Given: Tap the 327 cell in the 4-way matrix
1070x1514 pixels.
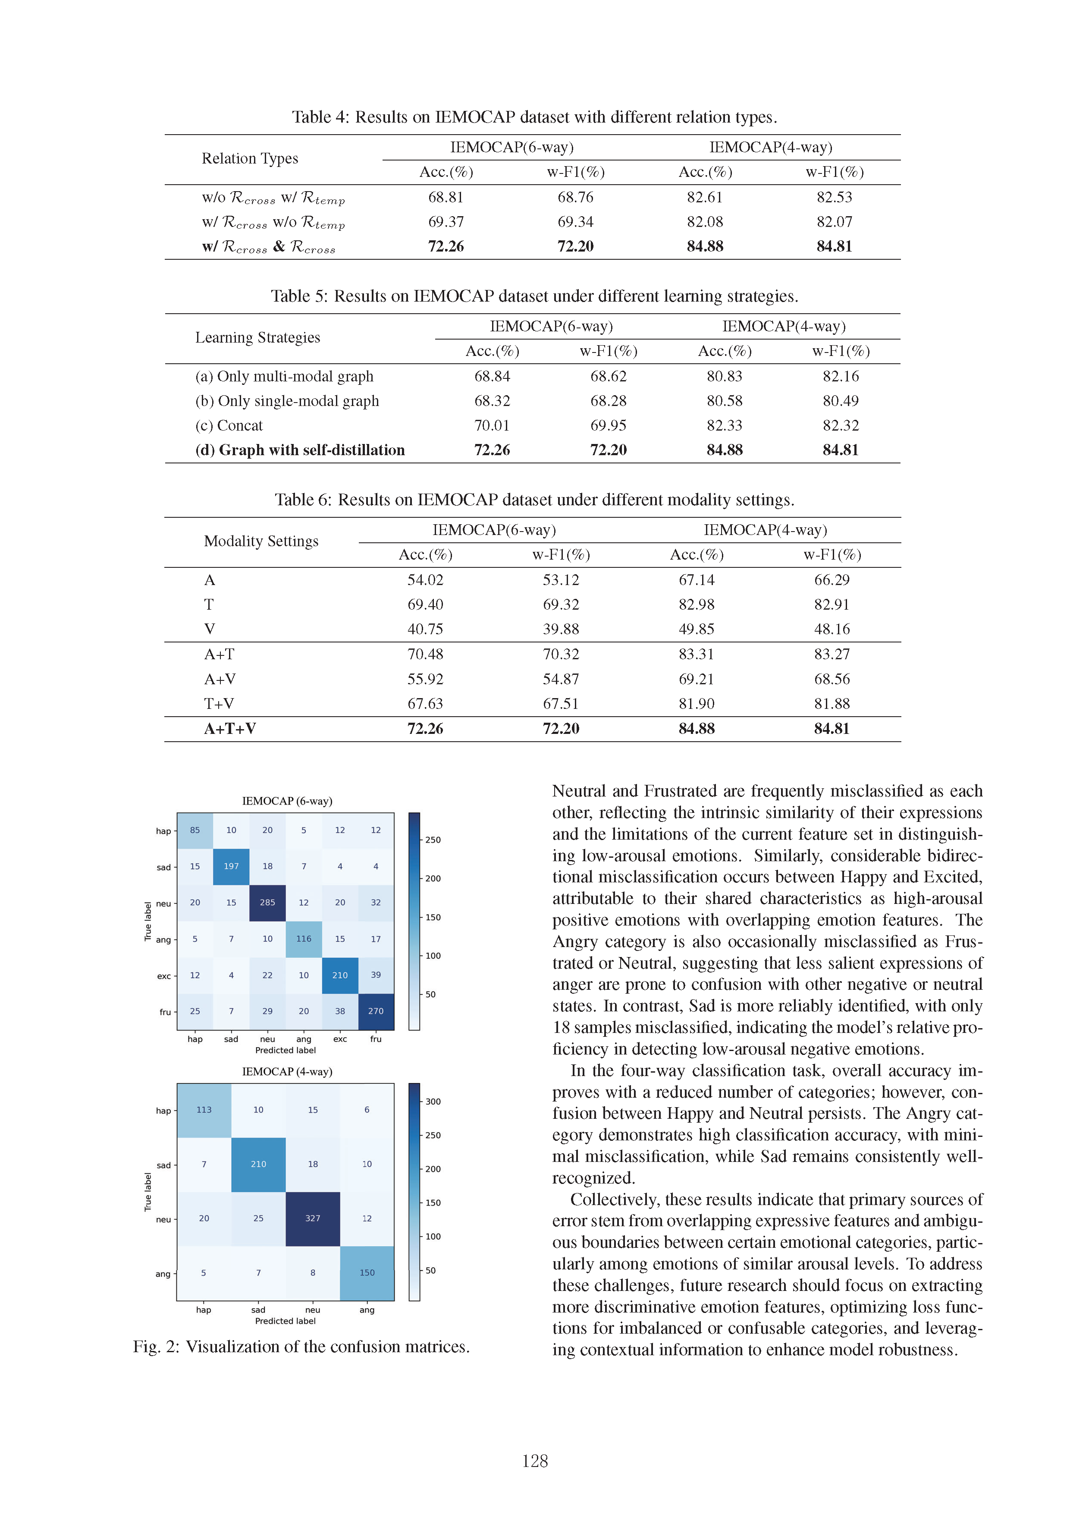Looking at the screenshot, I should (x=313, y=1218).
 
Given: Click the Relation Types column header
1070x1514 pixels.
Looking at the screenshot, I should (x=250, y=158).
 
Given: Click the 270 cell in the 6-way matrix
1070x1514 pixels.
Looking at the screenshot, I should (x=376, y=1011).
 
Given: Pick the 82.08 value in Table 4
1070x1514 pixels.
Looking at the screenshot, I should (x=705, y=222).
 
